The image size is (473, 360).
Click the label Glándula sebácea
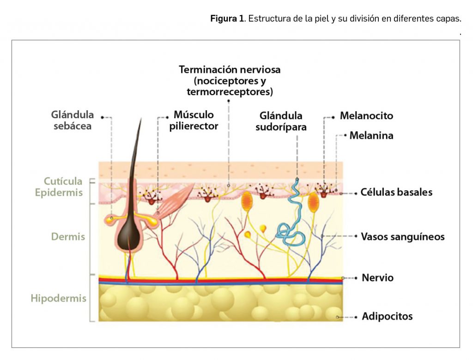(x=73, y=120)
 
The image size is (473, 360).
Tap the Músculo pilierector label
(x=194, y=120)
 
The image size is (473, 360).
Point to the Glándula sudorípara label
(x=281, y=121)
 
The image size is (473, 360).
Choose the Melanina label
(x=371, y=136)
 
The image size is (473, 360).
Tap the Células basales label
(x=397, y=192)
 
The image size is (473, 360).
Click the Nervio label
(x=377, y=278)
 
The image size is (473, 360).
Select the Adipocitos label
(x=387, y=317)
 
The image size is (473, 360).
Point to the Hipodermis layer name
(x=58, y=298)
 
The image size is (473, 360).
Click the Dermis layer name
(x=68, y=237)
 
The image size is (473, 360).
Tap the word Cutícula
(x=63, y=181)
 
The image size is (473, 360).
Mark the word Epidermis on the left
(x=59, y=192)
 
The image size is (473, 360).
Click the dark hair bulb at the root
(x=129, y=233)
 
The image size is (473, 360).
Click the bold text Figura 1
(x=227, y=19)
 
